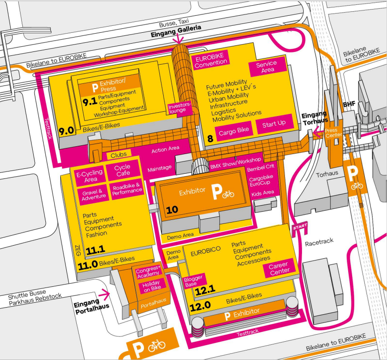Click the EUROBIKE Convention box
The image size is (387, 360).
(x=211, y=62)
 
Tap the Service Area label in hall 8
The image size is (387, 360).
(x=266, y=67)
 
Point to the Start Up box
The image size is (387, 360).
(x=274, y=123)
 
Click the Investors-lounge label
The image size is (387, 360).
(x=180, y=107)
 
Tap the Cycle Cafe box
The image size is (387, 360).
(x=123, y=170)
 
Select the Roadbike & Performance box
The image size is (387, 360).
(x=127, y=188)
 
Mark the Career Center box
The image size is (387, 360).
(x=278, y=268)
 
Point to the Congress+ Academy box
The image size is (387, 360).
(x=148, y=271)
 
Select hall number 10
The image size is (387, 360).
(x=172, y=210)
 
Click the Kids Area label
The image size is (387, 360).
(x=262, y=192)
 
